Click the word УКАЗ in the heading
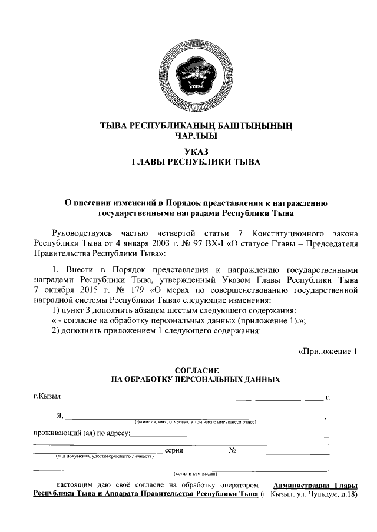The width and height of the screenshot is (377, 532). point(188,150)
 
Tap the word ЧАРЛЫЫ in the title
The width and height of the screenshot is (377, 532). point(188,135)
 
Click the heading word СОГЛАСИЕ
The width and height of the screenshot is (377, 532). point(188,370)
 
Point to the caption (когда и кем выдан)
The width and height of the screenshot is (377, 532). point(195,473)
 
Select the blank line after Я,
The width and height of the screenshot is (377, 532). point(194,417)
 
